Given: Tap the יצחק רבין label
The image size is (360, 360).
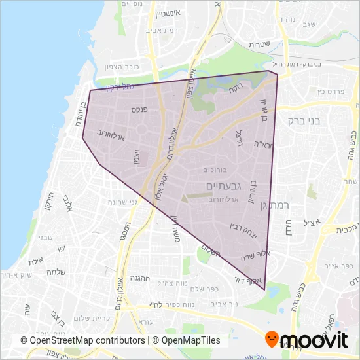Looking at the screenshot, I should coord(242,228).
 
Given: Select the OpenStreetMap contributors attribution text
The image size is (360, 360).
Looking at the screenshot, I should coord(82,340).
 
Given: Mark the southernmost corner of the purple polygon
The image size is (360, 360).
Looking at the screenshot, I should coord(264,289).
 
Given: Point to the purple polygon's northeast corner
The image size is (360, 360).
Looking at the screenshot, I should coord(278,73).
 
